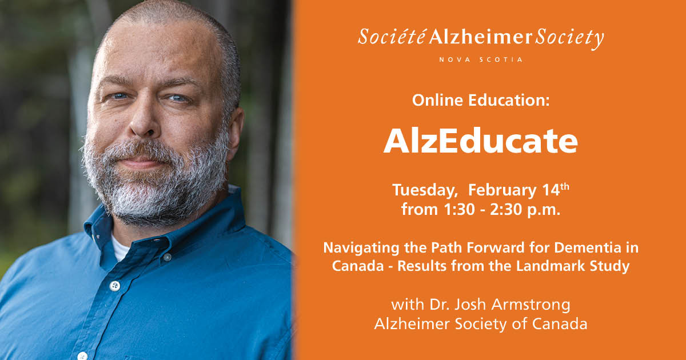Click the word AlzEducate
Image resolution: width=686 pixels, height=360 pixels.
481,142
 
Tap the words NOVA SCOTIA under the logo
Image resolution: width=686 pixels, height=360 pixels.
480,59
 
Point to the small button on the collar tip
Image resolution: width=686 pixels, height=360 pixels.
167,257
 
